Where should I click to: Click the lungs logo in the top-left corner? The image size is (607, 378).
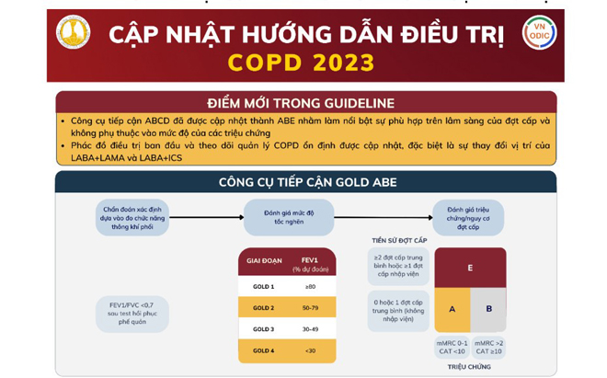[73, 34]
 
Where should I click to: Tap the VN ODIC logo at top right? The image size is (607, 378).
[539, 34]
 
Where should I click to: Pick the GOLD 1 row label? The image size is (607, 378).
[264, 286]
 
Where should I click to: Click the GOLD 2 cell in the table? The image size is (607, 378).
[264, 307]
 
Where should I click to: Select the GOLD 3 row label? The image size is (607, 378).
[264, 328]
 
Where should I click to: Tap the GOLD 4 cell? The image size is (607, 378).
[264, 350]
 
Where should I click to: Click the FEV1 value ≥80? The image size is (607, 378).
[310, 286]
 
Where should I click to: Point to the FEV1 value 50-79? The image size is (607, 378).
[310, 307]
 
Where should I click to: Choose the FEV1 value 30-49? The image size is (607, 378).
[310, 328]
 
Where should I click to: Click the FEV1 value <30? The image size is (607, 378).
[310, 350]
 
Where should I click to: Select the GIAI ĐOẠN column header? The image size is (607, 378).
[264, 261]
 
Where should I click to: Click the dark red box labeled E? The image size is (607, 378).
[470, 268]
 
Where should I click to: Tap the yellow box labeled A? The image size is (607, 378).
[452, 310]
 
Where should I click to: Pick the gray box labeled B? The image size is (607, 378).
[488, 310]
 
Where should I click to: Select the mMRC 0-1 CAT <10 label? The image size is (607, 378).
[452, 347]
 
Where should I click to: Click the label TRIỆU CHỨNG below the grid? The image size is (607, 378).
[470, 366]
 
